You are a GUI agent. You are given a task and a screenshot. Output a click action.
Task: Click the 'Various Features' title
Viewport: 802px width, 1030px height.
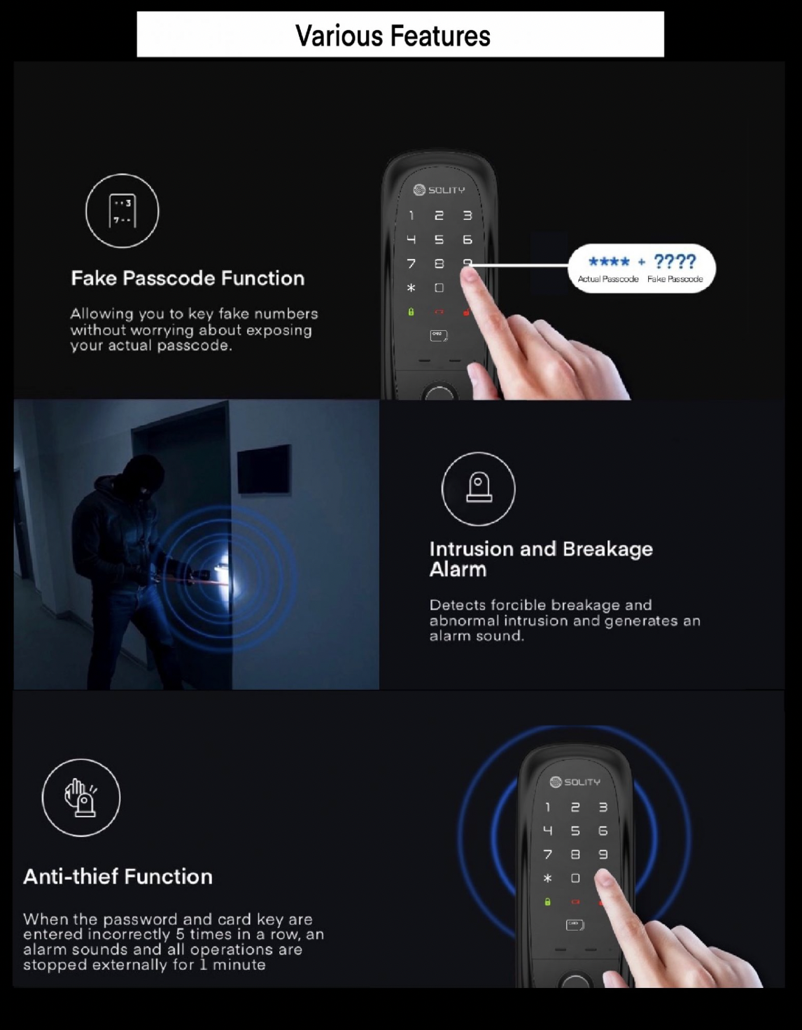point(393,36)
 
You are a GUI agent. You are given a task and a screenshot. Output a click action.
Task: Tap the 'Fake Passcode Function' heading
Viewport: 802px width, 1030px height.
point(188,278)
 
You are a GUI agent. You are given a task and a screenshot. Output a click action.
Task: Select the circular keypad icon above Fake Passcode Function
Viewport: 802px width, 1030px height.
point(122,211)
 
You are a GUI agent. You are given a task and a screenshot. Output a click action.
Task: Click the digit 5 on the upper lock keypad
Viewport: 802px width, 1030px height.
point(439,240)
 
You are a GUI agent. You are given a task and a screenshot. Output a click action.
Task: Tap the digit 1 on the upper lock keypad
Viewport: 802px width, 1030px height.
point(411,216)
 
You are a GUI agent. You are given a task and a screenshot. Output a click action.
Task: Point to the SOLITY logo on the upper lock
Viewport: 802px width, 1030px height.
point(439,190)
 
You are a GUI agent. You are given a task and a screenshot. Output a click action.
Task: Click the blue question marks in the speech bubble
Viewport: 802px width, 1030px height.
point(675,261)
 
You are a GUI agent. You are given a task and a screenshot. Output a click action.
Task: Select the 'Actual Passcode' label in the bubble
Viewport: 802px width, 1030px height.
point(608,279)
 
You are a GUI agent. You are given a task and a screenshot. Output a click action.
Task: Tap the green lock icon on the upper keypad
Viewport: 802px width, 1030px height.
point(411,312)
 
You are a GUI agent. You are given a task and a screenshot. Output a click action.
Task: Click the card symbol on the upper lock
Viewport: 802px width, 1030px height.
point(439,336)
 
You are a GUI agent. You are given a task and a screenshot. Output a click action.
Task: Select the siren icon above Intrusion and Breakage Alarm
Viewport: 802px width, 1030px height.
point(478,488)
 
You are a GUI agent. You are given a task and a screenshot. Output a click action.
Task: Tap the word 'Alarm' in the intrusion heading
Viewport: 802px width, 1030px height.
point(458,570)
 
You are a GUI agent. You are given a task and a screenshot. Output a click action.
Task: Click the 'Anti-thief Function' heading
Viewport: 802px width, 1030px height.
point(118,877)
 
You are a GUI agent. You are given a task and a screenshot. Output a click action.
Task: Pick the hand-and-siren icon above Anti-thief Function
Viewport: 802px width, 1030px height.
point(81,797)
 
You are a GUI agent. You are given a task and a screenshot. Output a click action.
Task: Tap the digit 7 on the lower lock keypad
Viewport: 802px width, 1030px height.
point(547,854)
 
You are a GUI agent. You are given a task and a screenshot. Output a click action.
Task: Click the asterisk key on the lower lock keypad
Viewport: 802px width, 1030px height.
point(547,878)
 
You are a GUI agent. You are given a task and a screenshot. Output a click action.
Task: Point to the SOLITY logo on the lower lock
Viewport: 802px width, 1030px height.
point(575,782)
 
